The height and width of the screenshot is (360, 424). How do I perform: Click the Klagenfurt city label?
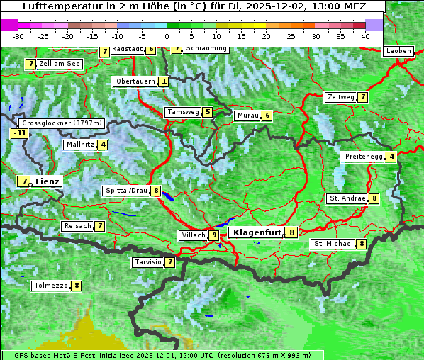point(256,232)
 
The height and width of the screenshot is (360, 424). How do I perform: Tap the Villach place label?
point(192,235)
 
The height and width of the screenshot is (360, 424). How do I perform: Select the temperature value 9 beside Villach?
point(213,235)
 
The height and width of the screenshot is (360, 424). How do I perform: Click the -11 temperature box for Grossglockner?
point(19,133)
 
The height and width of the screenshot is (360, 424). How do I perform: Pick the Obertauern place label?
point(135,82)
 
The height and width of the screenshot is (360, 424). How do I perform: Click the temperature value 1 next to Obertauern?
point(164,82)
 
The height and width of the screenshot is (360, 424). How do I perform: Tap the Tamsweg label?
point(182,112)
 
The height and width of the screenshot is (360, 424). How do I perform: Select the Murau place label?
point(247,116)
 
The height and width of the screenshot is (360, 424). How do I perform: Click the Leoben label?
point(398,51)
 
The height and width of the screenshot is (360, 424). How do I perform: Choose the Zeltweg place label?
point(340,97)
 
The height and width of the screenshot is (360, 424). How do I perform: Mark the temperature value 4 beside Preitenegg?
point(391,157)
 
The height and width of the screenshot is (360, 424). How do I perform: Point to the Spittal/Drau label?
point(126,191)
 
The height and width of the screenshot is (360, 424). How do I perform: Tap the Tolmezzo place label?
point(50,286)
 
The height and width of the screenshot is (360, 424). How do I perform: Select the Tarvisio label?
point(147,262)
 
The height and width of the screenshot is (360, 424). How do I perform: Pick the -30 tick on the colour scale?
point(18,36)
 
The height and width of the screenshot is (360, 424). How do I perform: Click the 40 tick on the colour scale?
point(365,36)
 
